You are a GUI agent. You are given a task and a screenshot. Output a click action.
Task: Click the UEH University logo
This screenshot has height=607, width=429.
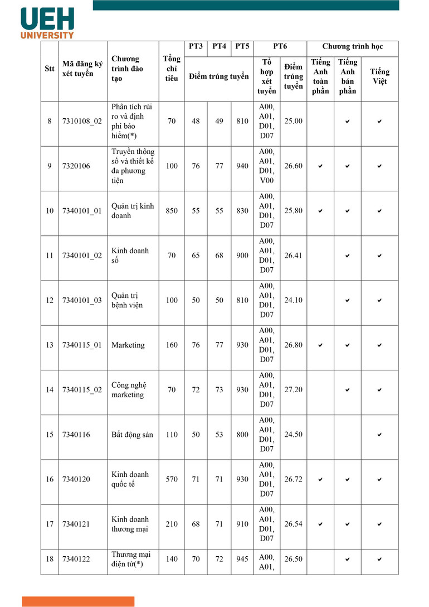click(x=47, y=23)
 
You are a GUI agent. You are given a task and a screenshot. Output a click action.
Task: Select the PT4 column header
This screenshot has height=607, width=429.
click(x=219, y=47)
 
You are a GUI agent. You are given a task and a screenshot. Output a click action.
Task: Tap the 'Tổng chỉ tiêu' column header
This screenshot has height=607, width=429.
click(x=171, y=69)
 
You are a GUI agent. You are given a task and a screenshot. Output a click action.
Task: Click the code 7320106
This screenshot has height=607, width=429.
click(x=76, y=166)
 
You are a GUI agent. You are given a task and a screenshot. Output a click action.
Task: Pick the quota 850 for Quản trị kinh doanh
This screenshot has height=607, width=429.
click(x=172, y=210)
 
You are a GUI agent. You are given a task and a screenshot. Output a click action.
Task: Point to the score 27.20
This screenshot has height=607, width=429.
click(x=293, y=389)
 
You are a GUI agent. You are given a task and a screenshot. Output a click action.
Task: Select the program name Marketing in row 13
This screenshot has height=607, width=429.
click(x=128, y=345)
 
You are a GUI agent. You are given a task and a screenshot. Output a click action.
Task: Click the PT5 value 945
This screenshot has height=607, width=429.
click(x=242, y=558)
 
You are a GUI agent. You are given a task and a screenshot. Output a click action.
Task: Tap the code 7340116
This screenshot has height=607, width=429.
click(x=76, y=435)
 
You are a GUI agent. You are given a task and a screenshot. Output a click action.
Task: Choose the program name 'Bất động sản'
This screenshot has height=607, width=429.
click(x=132, y=435)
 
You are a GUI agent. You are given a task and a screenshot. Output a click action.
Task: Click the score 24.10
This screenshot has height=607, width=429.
click(x=293, y=300)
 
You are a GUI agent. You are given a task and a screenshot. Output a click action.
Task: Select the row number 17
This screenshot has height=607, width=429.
click(x=50, y=524)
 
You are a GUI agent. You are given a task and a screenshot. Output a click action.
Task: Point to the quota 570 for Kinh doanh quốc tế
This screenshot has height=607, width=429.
click(x=172, y=479)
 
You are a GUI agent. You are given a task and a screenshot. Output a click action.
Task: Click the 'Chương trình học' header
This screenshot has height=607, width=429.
click(x=353, y=47)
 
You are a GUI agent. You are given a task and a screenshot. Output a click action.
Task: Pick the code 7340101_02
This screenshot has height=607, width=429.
click(x=82, y=256)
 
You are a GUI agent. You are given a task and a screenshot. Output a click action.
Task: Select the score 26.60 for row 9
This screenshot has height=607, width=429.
click(x=293, y=166)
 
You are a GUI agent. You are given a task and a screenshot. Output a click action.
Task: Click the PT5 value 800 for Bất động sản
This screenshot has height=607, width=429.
click(x=242, y=435)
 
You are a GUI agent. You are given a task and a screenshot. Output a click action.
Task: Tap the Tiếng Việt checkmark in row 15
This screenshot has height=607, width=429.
click(x=379, y=435)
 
